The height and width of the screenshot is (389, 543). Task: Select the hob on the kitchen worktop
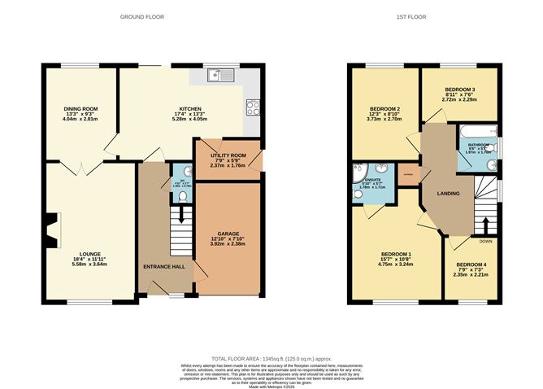tap(252, 106)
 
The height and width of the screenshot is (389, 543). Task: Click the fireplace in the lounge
tap(52, 229)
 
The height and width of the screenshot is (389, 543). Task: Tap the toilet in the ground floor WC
tap(184, 193)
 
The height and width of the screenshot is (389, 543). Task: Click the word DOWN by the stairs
tap(487, 241)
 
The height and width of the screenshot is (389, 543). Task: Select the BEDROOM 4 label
tap(471, 264)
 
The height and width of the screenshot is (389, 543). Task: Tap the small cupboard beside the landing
tap(409, 173)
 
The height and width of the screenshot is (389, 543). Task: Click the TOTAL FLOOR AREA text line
tap(271, 358)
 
